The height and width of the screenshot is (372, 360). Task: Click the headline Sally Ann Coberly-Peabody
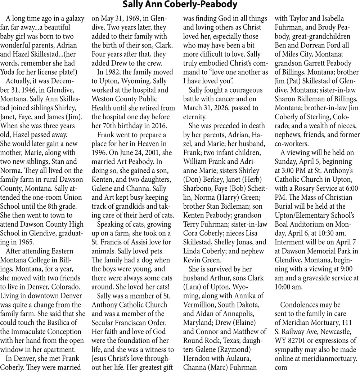coord(180,5)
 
